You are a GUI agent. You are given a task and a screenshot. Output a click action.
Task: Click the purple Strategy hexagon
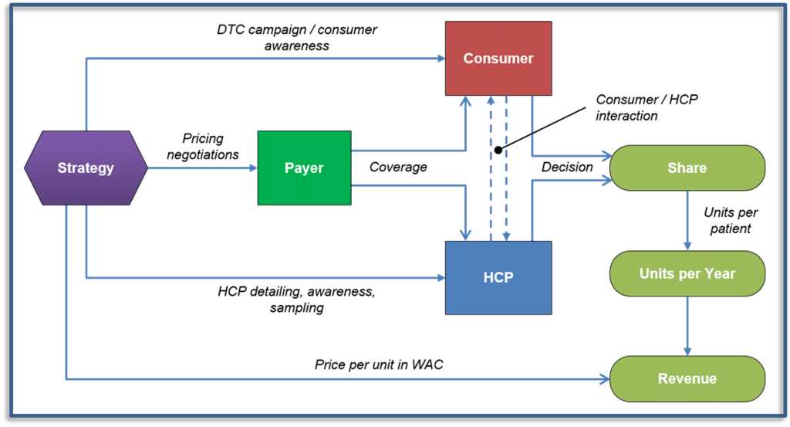[x=86, y=168]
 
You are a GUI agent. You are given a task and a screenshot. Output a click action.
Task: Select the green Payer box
[x=304, y=168]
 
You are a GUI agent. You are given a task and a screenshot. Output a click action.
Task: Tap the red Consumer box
[x=498, y=59]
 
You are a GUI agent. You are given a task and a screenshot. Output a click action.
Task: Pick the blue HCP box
[x=498, y=278]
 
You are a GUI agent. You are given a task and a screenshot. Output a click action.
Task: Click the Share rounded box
[x=687, y=168]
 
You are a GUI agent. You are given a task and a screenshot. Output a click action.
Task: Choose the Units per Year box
[x=687, y=273]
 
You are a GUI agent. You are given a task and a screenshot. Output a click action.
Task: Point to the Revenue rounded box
[x=687, y=378]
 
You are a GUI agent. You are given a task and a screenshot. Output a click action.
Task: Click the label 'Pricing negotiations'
[x=203, y=146]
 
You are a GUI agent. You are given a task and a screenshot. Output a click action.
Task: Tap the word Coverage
[x=398, y=167]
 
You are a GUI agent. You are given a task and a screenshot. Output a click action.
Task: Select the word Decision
[x=567, y=167]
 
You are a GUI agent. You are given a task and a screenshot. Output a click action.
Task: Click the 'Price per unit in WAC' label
[x=379, y=364]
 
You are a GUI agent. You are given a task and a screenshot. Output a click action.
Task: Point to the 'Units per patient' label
[x=731, y=220]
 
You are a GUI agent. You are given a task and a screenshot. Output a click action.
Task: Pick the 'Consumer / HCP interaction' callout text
[x=647, y=107]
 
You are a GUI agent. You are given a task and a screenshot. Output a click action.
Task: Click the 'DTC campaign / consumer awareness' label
[x=297, y=37]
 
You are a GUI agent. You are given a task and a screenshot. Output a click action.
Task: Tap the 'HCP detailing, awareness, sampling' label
[x=296, y=300]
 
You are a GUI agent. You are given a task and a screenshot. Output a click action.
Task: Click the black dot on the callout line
[x=498, y=150]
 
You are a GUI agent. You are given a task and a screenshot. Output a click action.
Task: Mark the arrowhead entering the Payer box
[x=253, y=168]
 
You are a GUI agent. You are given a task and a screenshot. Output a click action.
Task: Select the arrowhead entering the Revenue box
[x=605, y=378]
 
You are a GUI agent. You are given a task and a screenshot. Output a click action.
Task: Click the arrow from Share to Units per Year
[x=687, y=220]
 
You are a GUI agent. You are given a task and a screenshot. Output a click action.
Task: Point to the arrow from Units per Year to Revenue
[x=687, y=326]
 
